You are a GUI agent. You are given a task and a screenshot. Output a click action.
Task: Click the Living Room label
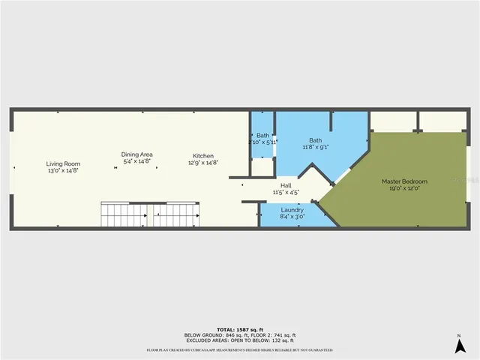tap(63, 163)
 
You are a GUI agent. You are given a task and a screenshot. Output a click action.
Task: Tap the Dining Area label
tap(136, 154)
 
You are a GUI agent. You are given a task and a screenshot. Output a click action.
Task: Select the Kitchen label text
tap(202, 155)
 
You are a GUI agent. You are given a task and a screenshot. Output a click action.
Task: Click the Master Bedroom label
tap(404, 181)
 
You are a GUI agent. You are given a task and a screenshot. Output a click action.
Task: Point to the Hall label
tap(286, 185)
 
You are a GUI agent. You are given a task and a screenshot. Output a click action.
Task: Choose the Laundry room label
tap(292, 209)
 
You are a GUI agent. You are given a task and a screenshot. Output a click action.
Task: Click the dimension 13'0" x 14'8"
tap(63, 170)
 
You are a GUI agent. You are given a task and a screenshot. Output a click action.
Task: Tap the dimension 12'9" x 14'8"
tap(202, 162)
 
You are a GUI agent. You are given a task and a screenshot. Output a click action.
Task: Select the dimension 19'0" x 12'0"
tap(404, 188)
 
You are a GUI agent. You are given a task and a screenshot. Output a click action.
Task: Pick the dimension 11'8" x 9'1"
tap(316, 147)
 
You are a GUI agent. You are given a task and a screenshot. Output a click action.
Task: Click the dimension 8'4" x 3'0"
tap(292, 216)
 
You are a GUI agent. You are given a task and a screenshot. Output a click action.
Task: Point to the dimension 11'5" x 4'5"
tap(286, 192)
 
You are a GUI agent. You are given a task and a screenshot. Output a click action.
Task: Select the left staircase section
tap(124, 215)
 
